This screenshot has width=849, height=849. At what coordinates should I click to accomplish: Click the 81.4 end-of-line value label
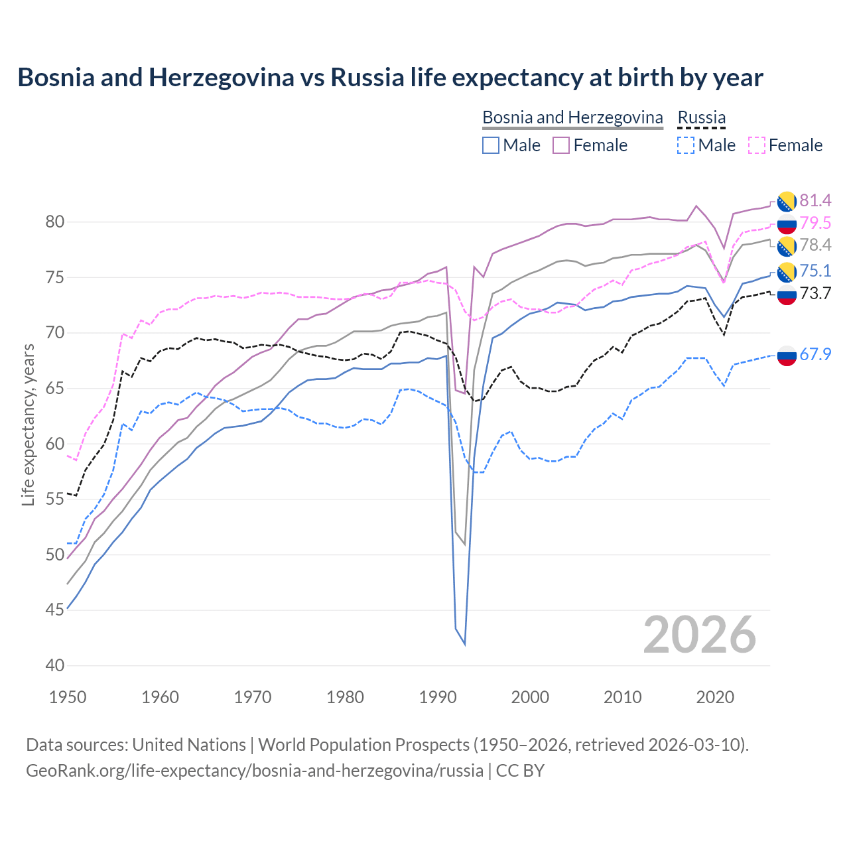815,200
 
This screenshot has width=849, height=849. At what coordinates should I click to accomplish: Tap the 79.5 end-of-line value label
815,223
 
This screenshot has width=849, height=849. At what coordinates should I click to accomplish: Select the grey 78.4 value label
815,245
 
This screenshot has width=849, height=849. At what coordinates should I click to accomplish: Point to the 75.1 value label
815,271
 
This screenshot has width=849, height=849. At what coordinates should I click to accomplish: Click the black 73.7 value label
815,293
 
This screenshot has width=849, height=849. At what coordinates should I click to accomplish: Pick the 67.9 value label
815,355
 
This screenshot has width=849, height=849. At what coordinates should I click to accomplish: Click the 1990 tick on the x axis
438,697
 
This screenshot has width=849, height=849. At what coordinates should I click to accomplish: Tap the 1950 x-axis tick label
68,697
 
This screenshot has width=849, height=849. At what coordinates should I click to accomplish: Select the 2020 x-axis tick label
715,697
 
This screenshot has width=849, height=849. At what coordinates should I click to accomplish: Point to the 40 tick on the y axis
55,665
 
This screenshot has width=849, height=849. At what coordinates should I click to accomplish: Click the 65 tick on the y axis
55,388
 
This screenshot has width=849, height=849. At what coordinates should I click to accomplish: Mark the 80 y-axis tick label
55,222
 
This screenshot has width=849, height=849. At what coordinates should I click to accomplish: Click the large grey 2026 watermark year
700,635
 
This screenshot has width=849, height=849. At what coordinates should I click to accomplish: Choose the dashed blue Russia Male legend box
686,145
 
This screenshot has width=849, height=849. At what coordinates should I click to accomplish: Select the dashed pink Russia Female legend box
756,145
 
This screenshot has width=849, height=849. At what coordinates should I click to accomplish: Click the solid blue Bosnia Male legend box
491,145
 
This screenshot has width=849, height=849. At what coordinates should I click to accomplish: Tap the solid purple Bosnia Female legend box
561,145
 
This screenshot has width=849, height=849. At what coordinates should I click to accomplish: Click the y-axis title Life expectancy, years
28,424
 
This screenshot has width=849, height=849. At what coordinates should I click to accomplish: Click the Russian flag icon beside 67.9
787,356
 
